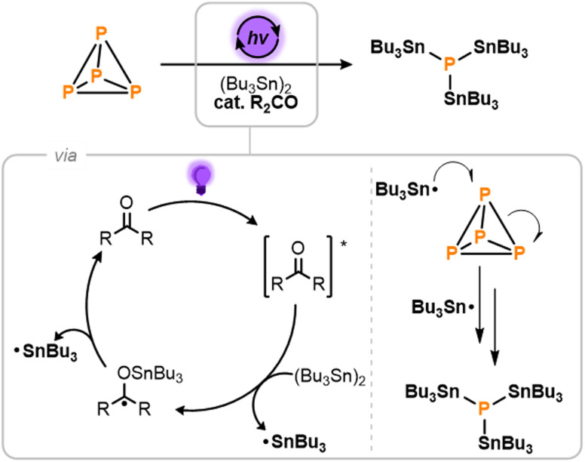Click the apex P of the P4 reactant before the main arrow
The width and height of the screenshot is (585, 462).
click(100, 34)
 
